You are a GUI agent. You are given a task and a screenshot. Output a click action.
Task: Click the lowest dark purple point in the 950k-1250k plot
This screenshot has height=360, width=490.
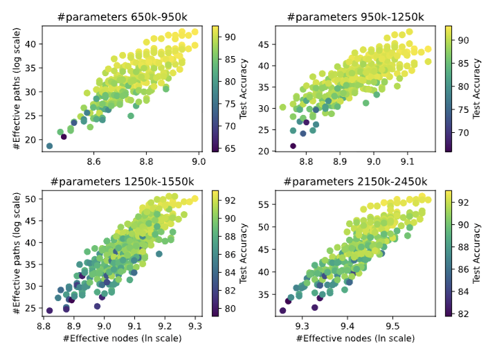(293, 146)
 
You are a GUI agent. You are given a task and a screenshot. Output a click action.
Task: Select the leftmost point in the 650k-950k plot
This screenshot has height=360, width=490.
(49, 146)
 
